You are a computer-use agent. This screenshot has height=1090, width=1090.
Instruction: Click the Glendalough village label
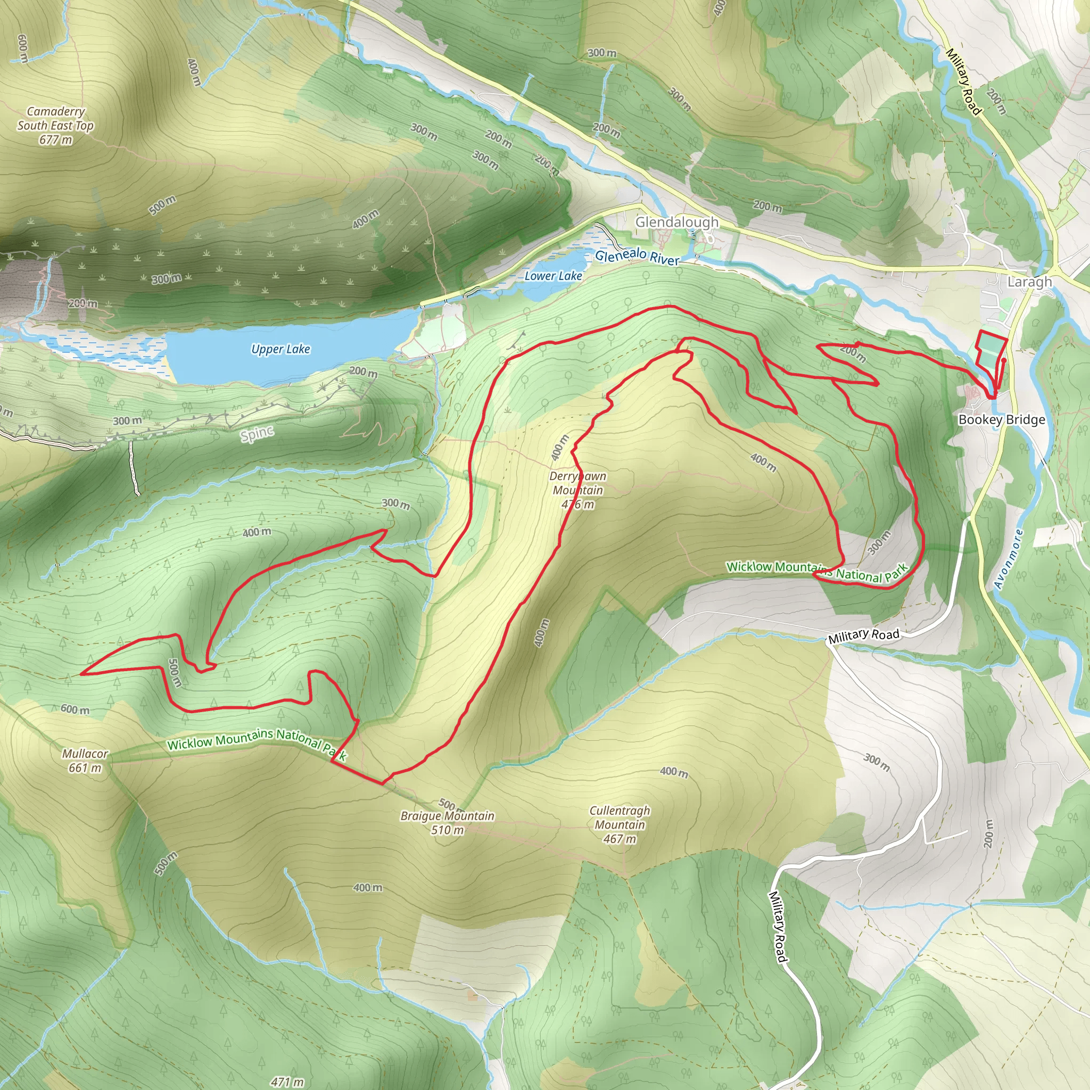click(x=677, y=222)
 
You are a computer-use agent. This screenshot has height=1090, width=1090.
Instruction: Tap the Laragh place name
click(x=1030, y=282)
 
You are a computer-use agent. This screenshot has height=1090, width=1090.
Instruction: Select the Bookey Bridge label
click(x=1002, y=419)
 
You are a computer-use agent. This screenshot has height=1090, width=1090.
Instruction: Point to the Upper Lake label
click(x=280, y=349)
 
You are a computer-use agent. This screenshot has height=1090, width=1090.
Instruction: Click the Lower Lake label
click(x=553, y=276)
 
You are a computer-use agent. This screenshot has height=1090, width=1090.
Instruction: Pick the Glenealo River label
click(x=637, y=256)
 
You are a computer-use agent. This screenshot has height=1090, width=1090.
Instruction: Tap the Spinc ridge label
click(x=257, y=434)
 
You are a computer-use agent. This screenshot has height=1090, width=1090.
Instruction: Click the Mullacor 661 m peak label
click(x=85, y=761)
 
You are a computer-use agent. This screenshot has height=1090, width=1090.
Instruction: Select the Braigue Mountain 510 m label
click(x=448, y=823)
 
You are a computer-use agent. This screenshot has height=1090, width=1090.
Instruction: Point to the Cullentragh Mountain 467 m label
click(x=620, y=824)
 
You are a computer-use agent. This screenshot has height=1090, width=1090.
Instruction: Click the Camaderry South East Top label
click(x=55, y=119)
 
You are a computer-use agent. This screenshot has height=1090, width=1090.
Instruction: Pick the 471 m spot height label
click(x=287, y=1081)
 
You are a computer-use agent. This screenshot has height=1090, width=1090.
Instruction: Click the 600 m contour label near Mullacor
click(x=75, y=709)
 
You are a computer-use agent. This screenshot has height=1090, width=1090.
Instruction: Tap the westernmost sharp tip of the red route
click(x=82, y=674)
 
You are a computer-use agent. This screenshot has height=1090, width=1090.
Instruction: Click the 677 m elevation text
click(x=55, y=139)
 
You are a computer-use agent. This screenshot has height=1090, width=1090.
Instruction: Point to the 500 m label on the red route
click(x=175, y=673)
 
